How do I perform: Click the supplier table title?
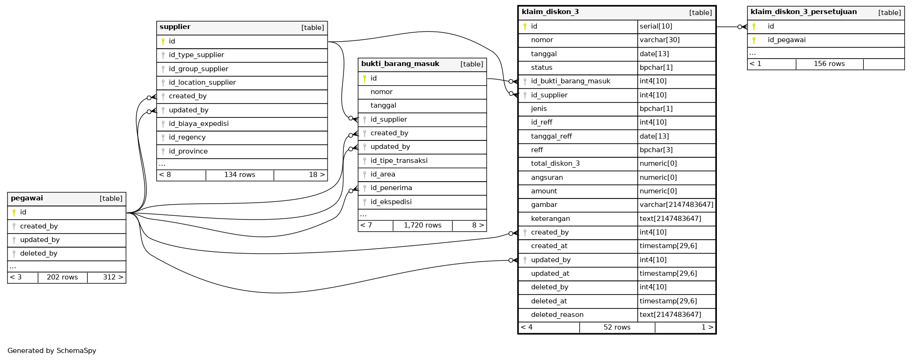(175, 27)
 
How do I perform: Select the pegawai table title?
(27, 198)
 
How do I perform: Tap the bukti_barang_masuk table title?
(400, 64)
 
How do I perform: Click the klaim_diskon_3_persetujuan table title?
(803, 12)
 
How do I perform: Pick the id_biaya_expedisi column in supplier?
(198, 124)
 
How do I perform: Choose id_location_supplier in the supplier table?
(202, 82)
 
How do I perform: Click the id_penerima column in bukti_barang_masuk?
(391, 188)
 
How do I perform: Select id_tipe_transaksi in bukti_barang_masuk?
(399, 161)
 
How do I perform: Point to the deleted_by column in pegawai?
(38, 253)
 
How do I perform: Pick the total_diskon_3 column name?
(555, 163)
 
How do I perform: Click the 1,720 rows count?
(423, 225)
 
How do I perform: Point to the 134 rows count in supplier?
(240, 175)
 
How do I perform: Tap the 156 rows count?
(829, 64)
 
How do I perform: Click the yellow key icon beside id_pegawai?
(754, 40)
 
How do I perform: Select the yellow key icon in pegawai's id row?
(14, 213)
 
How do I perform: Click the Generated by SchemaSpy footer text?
(51, 351)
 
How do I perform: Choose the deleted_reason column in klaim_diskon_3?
(557, 315)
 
